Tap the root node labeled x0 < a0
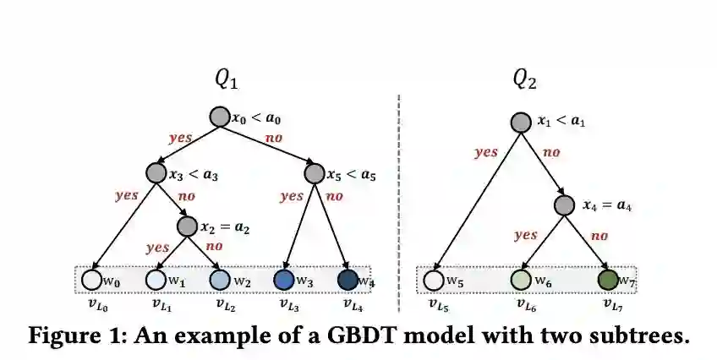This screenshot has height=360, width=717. pyautogui.click(x=220, y=117)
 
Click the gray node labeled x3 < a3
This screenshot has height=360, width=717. pyautogui.click(x=156, y=173)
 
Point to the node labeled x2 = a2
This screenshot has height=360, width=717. pyautogui.click(x=188, y=226)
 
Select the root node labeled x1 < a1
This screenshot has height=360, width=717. pyautogui.click(x=522, y=122)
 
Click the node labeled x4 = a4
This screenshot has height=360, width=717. pyautogui.click(x=565, y=205)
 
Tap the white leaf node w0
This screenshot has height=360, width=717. pyautogui.click(x=91, y=279)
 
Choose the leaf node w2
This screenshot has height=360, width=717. pyautogui.click(x=220, y=279)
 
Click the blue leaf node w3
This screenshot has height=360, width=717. pyautogui.click(x=284, y=279)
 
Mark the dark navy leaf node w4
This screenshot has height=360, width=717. pyautogui.click(x=348, y=279)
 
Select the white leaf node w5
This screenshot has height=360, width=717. pyautogui.click(x=434, y=279)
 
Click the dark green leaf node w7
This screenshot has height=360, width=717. pyautogui.click(x=607, y=279)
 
